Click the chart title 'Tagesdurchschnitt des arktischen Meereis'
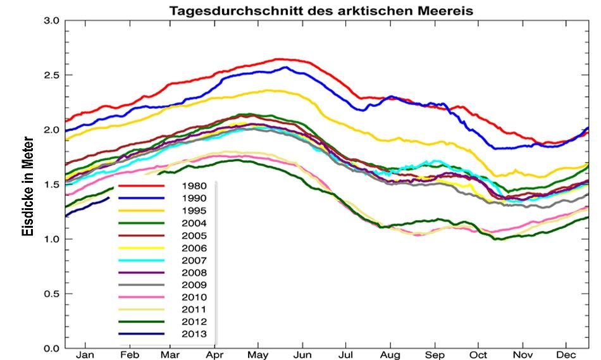point(321,11)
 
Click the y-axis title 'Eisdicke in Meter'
point(27,186)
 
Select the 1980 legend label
point(193,186)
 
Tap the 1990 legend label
point(193,199)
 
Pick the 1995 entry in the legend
point(193,211)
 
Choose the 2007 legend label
point(193,261)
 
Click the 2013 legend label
point(193,335)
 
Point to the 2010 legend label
point(193,297)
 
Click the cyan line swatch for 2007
point(142,261)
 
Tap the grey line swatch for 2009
point(142,285)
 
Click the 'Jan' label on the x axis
point(85,355)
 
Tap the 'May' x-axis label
point(257,355)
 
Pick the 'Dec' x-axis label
point(566,355)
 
